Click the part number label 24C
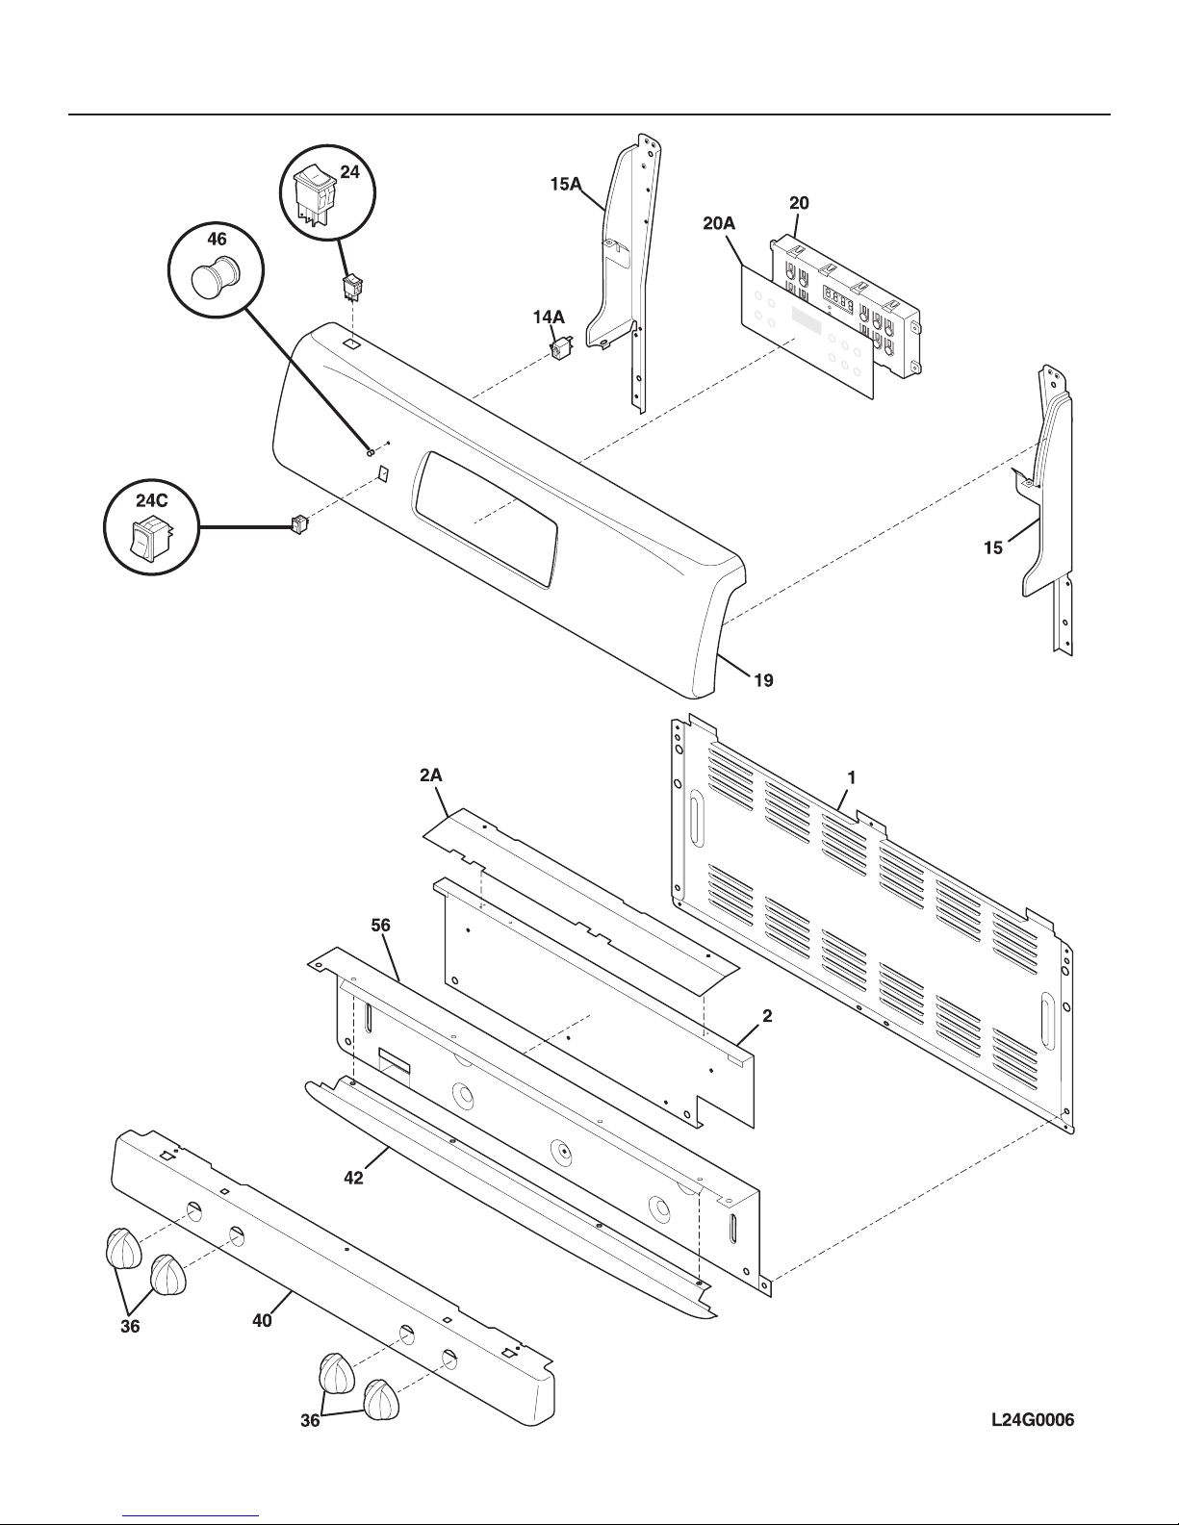click(x=152, y=500)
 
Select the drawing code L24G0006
click(x=1033, y=1420)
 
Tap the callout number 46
click(x=217, y=240)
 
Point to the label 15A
click(x=566, y=184)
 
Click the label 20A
click(x=719, y=223)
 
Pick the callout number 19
click(x=763, y=680)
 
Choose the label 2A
click(x=431, y=775)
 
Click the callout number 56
click(x=380, y=925)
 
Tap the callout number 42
click(x=354, y=1178)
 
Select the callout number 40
click(x=262, y=1321)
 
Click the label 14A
click(x=548, y=318)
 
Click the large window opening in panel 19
click(x=486, y=520)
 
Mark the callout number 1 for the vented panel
click(x=851, y=777)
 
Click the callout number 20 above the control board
click(x=799, y=203)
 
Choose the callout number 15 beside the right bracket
click(x=993, y=547)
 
